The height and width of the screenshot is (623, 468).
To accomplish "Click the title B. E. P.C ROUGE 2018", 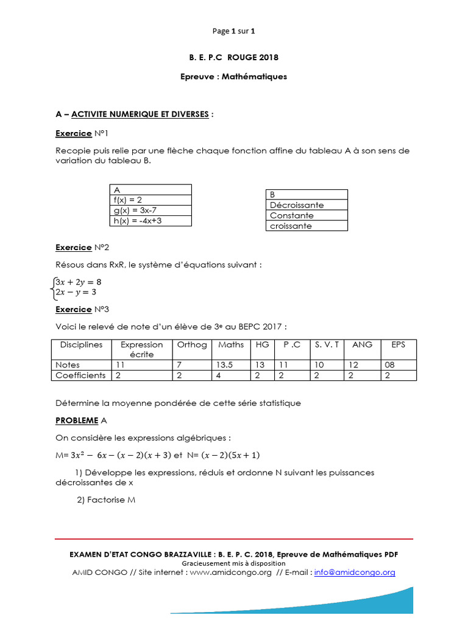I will pos(233,58).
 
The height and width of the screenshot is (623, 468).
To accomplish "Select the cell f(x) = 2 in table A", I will pos(150,200).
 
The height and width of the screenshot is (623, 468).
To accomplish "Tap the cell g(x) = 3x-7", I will pos(150,211).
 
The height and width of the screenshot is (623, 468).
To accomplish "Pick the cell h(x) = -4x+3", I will pos(150,221).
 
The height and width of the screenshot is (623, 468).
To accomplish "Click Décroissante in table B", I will pos(308,205).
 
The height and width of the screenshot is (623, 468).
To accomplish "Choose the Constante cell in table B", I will pos(308,215).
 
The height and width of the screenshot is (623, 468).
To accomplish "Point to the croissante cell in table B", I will pos(308,226).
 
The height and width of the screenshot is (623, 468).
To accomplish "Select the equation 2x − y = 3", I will pos(76,292).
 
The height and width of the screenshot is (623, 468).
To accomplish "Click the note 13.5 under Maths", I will pos(231,364).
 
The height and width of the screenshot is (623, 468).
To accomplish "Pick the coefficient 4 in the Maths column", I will pos(231,375).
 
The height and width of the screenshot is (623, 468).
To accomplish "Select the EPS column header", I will pos(399,344).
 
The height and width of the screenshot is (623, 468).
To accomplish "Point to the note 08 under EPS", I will pos(399,364).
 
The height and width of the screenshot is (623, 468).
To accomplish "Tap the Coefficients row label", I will pos(80,375).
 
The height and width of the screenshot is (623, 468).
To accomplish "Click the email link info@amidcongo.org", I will pos(355,573).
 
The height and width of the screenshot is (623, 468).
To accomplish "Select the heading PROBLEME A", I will pos(81,420).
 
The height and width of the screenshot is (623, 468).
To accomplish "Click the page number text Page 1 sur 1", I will pos(233,31).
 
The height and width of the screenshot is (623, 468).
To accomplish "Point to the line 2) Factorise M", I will pos(104,499).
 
